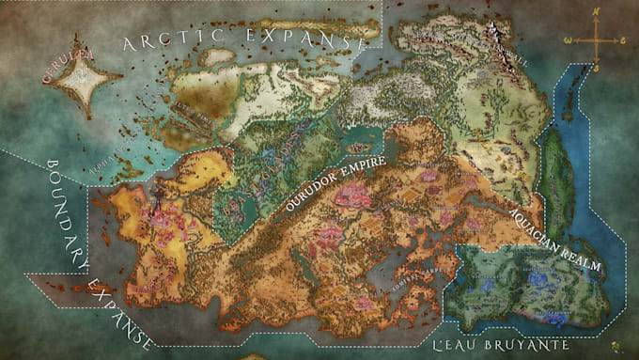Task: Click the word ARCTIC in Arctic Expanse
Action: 170,39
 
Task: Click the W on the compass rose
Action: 567,40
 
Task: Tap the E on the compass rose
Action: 623,40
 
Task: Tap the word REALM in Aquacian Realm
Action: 583,262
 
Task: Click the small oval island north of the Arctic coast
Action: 219,55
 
